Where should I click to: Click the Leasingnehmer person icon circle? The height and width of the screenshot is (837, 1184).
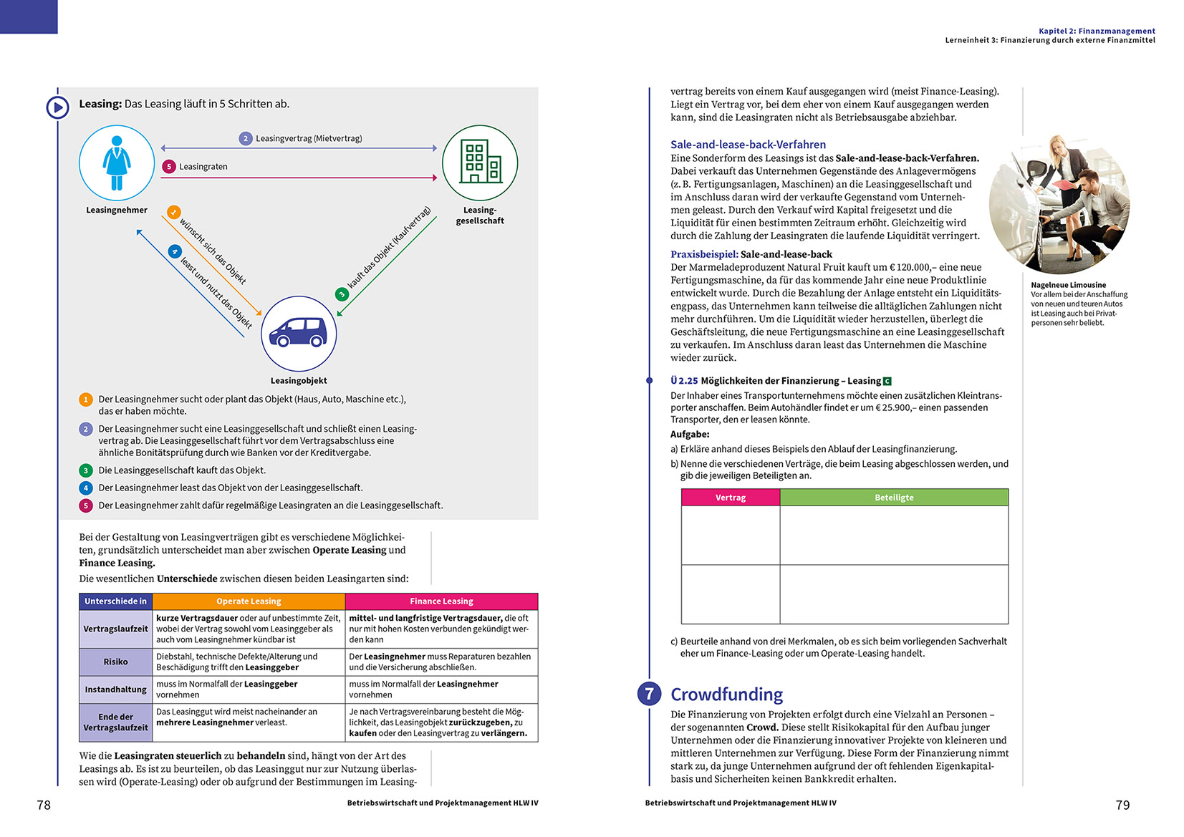click(x=117, y=163)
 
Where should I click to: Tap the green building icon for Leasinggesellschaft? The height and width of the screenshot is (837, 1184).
click(x=480, y=163)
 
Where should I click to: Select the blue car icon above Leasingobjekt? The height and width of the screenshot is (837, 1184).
click(x=299, y=333)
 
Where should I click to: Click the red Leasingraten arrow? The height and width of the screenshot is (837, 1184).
click(x=299, y=178)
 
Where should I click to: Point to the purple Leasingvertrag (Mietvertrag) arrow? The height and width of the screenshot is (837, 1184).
click(x=299, y=148)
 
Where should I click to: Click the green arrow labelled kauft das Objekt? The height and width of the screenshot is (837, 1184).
click(x=387, y=266)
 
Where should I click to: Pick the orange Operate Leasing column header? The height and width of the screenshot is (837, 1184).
click(x=249, y=601)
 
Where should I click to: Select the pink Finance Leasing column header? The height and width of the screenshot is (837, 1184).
click(x=441, y=601)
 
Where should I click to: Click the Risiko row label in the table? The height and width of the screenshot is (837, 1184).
click(x=115, y=662)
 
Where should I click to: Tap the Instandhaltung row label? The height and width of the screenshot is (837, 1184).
click(x=115, y=690)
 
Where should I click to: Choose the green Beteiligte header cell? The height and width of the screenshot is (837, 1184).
click(x=894, y=498)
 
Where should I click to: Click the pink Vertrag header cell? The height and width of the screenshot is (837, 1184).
click(x=731, y=498)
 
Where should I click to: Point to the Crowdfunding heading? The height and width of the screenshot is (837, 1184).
click(x=726, y=695)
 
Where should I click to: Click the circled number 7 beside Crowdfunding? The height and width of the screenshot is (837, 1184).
click(x=650, y=694)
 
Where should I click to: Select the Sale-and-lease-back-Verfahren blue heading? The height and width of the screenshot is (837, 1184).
click(x=748, y=145)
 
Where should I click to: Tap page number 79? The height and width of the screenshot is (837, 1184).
click(x=1122, y=805)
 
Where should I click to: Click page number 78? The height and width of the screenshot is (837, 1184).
click(x=44, y=805)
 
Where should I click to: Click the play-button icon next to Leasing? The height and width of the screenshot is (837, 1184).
click(x=57, y=107)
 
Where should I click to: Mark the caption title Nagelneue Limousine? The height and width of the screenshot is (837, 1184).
click(x=1068, y=285)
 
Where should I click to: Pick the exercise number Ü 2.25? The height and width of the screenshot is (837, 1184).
click(x=684, y=381)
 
